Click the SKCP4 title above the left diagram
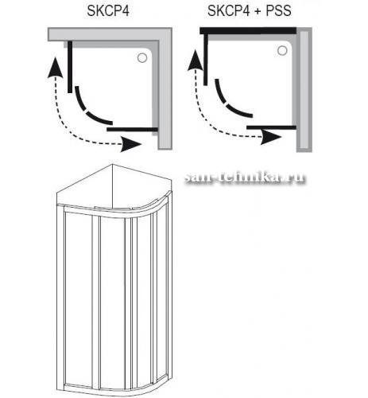tap(108, 11)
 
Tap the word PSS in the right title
tap(278, 11)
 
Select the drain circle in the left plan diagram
tap(142, 58)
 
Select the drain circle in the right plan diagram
tap(282, 50)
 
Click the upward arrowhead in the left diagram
tap(55, 68)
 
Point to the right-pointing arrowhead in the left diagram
tap(130, 145)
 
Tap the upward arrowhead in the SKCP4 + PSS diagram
tap(196, 60)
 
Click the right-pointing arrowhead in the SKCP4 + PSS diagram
tap(270, 138)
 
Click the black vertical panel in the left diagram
tap(70, 67)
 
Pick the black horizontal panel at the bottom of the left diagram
tap(132, 130)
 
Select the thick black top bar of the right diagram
tap(248, 30)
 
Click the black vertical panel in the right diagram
tap(206, 60)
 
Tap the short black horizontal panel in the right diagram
tap(271, 127)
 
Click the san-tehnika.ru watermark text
tap(245, 178)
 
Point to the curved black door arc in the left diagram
tap(86, 111)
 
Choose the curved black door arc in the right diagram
tap(226, 104)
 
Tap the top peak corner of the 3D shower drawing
tap(112, 164)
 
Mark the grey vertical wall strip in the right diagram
tap(304, 90)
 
